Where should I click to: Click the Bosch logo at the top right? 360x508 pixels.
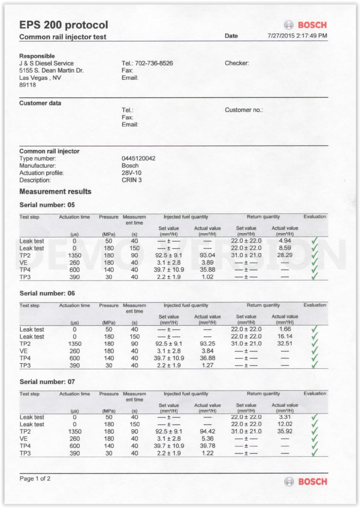(x=305, y=25)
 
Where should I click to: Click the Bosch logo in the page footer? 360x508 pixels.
(x=305, y=481)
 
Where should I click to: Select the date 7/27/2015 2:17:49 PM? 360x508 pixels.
(x=297, y=36)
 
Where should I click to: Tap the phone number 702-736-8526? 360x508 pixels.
(x=154, y=63)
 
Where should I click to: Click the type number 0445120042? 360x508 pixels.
(x=139, y=158)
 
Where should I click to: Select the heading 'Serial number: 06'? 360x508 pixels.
(x=47, y=293)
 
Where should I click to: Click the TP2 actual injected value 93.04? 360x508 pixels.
(x=207, y=255)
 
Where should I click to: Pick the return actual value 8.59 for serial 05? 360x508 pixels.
(x=285, y=248)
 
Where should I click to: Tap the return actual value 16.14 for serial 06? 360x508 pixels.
(x=285, y=336)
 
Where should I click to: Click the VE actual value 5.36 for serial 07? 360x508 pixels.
(x=207, y=438)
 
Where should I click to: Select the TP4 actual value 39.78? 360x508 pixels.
(x=207, y=446)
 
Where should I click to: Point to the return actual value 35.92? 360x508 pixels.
(x=285, y=431)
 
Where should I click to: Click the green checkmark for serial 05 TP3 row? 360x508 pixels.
(x=314, y=276)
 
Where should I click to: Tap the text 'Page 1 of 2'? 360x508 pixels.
(x=35, y=479)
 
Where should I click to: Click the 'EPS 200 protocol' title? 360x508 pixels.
(x=63, y=25)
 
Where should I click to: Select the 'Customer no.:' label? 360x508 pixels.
(x=244, y=110)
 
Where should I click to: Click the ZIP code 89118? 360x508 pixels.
(x=27, y=85)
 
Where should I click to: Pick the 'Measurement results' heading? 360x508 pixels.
(x=55, y=192)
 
